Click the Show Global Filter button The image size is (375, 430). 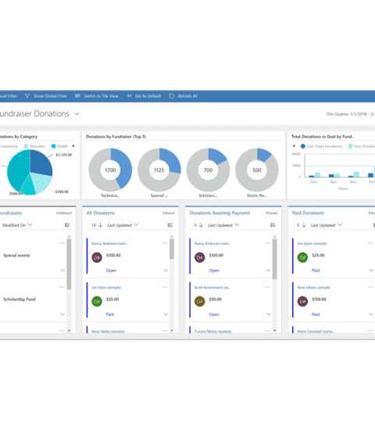pyautogui.click(x=49, y=96)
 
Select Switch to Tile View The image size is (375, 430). pyautogui.click(x=101, y=96)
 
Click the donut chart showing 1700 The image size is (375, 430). pyautogui.click(x=110, y=170)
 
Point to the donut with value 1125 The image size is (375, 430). pyautogui.click(x=159, y=170)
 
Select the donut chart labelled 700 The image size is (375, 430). pyautogui.click(x=208, y=170)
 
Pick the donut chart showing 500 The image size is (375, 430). pyautogui.click(x=256, y=170)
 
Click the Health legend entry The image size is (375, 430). pyautogui.click(x=60, y=145)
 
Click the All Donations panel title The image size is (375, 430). pyautogui.click(x=100, y=213)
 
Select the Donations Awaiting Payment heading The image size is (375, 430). pyautogui.click(x=220, y=213)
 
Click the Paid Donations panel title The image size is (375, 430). pyautogui.click(x=307, y=213)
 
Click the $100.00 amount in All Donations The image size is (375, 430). pyautogui.click(x=113, y=255)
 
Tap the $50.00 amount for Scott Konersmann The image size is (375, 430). pyautogui.click(x=215, y=299)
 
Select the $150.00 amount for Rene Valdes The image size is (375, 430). pyautogui.click(x=319, y=299)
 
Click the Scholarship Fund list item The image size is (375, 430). pyautogui.click(x=23, y=299)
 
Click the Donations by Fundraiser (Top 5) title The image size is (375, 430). pyautogui.click(x=116, y=136)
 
